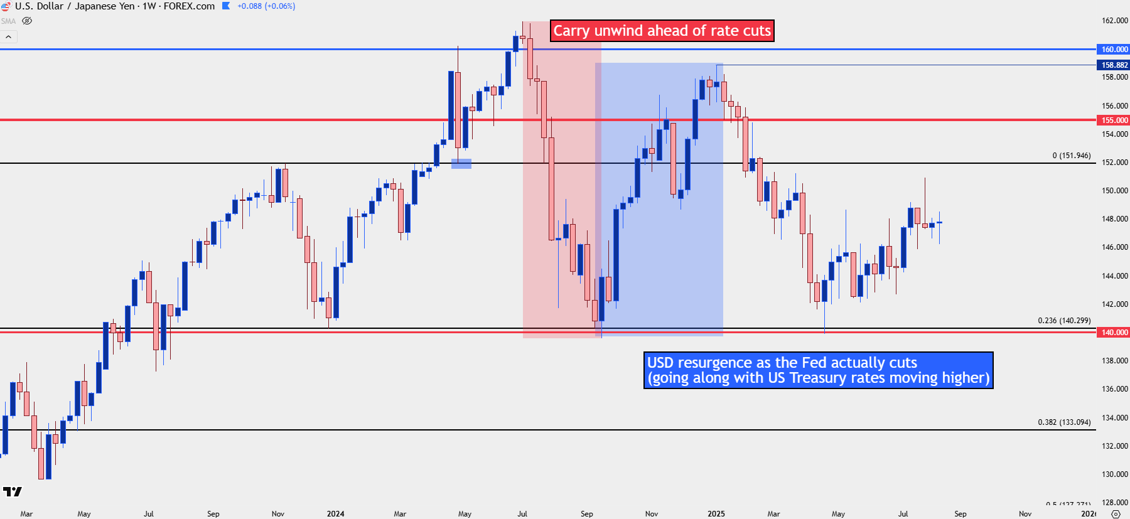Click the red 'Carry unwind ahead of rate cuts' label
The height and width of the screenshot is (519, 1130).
point(662,31)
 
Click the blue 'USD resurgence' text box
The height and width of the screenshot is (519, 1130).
point(818,370)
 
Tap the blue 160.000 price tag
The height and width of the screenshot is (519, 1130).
point(1114,49)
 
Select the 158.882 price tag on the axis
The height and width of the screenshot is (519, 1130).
point(1114,65)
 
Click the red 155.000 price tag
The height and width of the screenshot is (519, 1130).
point(1114,120)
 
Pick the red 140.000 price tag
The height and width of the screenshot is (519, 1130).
point(1114,332)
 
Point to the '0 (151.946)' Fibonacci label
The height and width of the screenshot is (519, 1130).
point(1072,156)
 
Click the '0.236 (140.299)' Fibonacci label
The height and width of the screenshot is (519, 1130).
point(1064,320)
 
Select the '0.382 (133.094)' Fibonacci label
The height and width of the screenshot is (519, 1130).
point(1064,422)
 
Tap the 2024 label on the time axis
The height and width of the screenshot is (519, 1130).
point(335,513)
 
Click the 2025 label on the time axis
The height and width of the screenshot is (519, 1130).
point(716,513)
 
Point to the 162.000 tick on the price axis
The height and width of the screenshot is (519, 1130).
point(1114,21)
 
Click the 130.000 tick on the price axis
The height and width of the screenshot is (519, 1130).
point(1114,474)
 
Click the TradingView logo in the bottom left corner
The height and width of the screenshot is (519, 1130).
point(12,491)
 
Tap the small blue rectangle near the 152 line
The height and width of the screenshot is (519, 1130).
point(461,164)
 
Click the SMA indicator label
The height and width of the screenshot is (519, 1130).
point(8,21)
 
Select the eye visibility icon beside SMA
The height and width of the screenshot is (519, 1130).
point(27,21)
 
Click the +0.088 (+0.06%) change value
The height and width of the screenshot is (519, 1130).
point(266,6)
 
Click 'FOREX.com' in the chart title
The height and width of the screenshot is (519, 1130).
point(189,6)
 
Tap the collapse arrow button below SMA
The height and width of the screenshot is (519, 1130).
point(9,37)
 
